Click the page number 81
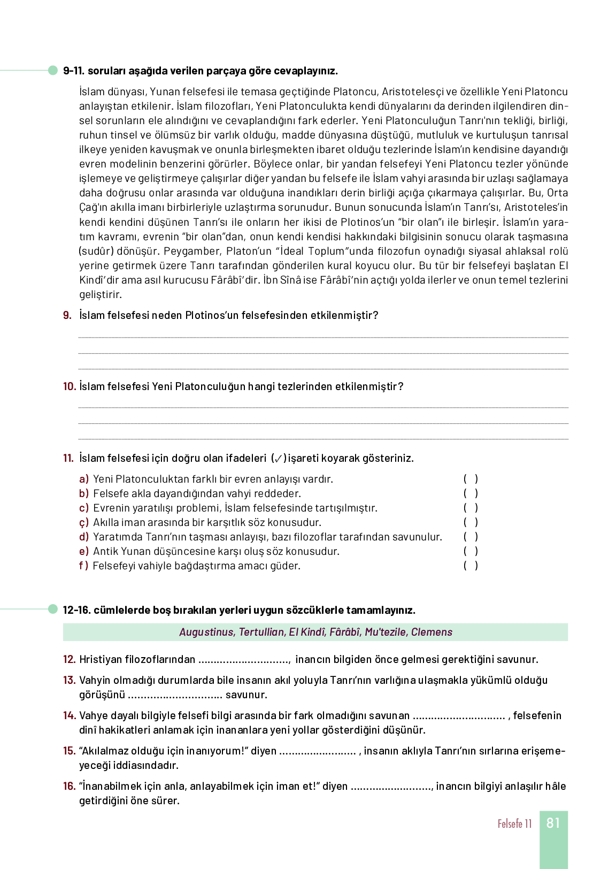553,823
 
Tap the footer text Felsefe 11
514,824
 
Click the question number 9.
67,315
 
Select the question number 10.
70,386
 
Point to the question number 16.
70,786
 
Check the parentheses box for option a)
471,479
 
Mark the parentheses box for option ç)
471,522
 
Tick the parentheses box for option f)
471,566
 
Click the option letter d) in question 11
84,537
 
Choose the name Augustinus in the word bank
206,632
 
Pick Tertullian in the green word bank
261,632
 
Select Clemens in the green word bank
432,632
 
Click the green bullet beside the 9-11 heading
53,70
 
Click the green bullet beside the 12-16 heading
53,609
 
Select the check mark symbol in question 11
279,459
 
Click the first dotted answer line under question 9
323,337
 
